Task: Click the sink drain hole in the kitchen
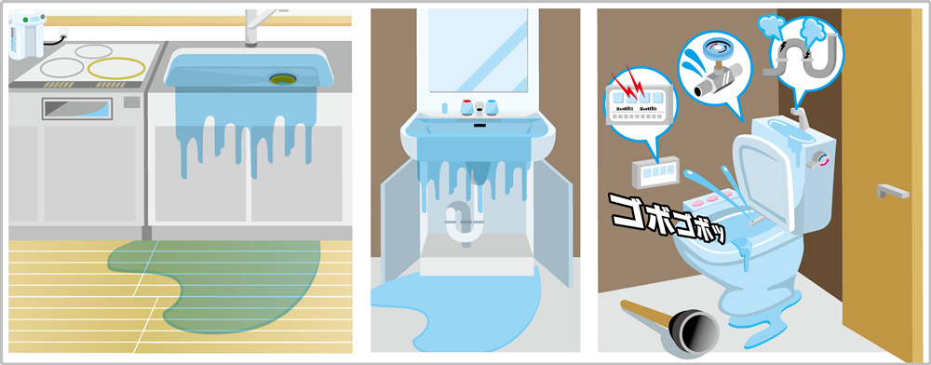[x=283, y=78]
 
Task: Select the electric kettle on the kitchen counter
[x=26, y=35]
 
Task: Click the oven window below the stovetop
[x=76, y=109]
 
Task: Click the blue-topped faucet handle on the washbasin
[x=492, y=107]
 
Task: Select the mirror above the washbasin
[x=478, y=50]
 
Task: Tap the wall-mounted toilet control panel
[x=654, y=173]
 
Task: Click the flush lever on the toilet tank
[x=821, y=158]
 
